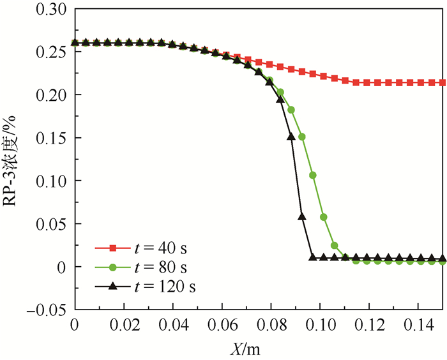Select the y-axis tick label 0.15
coord(52,138)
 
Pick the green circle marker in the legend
coord(112,267)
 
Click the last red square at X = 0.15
coord(441,82)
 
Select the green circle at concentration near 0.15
coord(302,137)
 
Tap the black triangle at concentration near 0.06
coord(302,217)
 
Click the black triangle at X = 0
coord(75,43)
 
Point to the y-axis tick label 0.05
coord(52,224)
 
